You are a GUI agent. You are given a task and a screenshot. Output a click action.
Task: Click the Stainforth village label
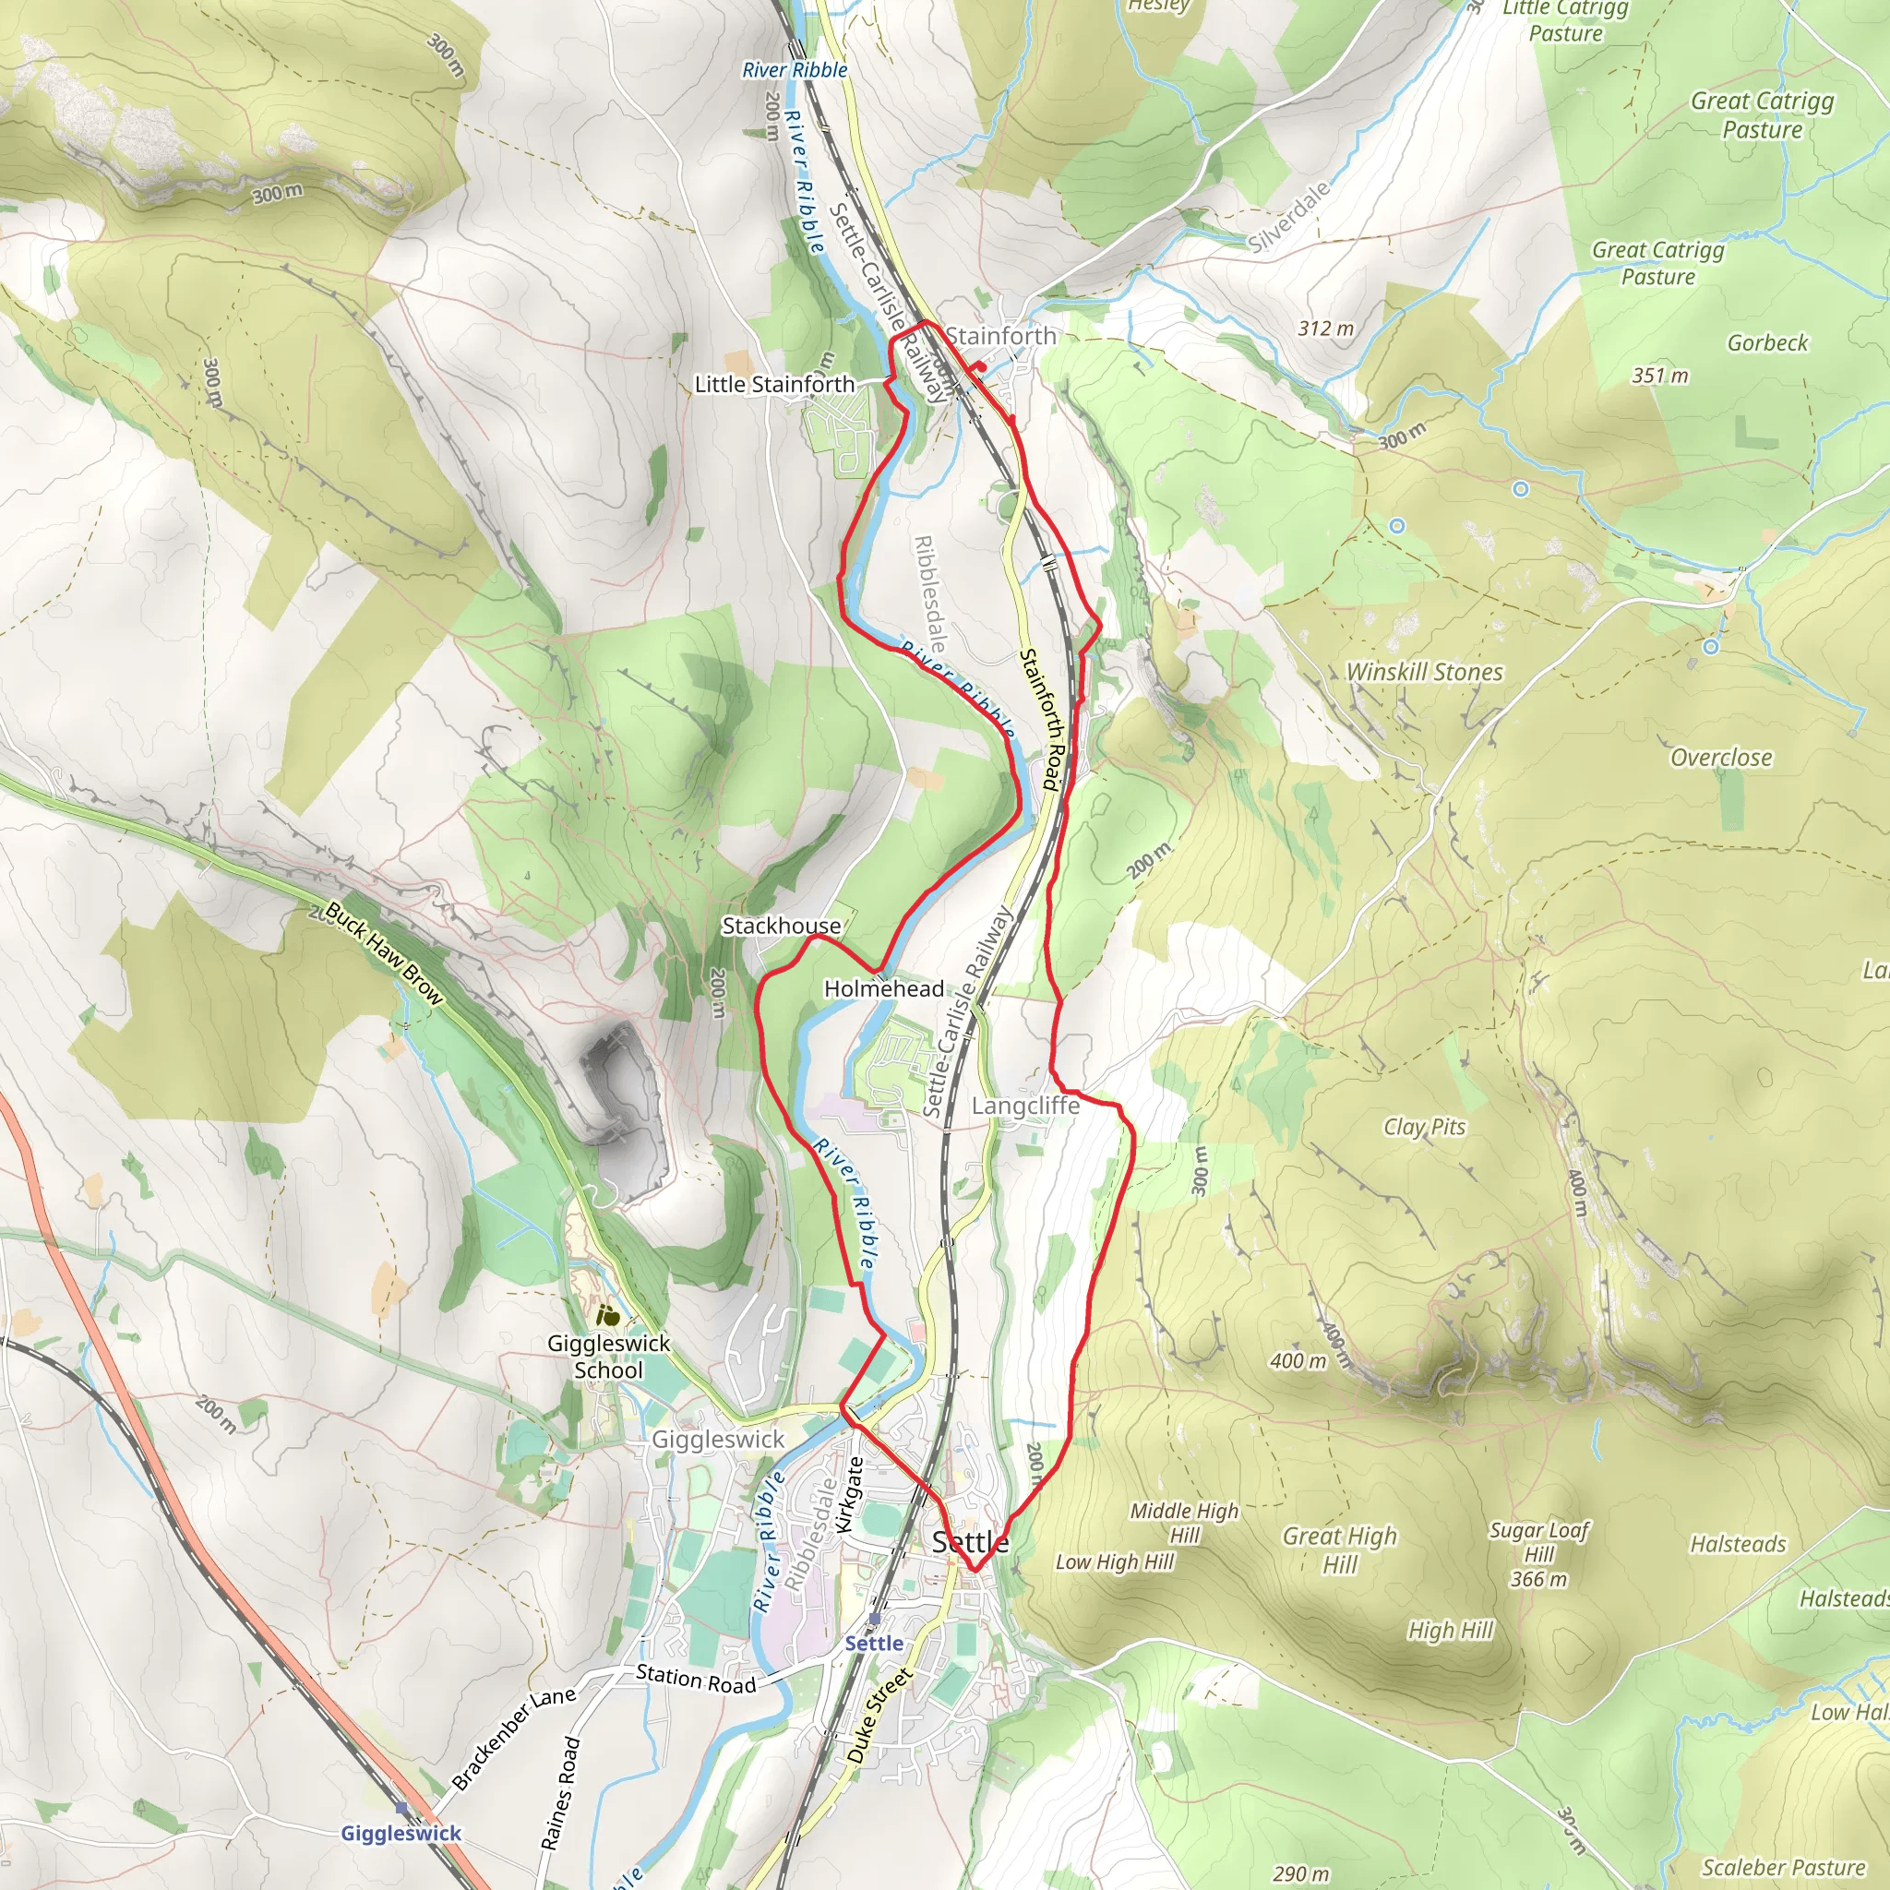(x=999, y=336)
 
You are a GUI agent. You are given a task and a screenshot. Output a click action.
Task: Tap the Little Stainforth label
(x=773, y=385)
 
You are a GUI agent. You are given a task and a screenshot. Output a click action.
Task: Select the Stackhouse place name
(x=781, y=926)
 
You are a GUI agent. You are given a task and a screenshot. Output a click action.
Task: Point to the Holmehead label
(x=883, y=988)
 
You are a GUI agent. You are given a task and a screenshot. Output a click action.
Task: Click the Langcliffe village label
(x=1025, y=1106)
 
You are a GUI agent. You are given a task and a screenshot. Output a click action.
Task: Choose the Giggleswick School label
(x=608, y=1356)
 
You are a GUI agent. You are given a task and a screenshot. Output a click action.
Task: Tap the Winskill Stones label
(x=1424, y=672)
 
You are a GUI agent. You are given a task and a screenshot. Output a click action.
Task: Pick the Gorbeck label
(x=1767, y=342)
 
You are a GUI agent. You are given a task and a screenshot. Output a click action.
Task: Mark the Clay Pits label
(x=1424, y=1127)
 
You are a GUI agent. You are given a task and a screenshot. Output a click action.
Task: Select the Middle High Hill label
(x=1184, y=1522)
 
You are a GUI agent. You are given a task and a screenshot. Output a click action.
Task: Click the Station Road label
(x=696, y=1679)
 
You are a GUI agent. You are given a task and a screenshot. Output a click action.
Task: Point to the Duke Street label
(x=879, y=1715)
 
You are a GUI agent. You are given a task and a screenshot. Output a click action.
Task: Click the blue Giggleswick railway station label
(x=401, y=1832)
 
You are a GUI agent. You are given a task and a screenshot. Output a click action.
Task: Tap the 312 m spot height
(x=1325, y=329)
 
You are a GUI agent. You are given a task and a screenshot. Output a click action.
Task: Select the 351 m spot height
(x=1660, y=376)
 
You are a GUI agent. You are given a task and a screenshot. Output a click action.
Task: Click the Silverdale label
(x=1289, y=217)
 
